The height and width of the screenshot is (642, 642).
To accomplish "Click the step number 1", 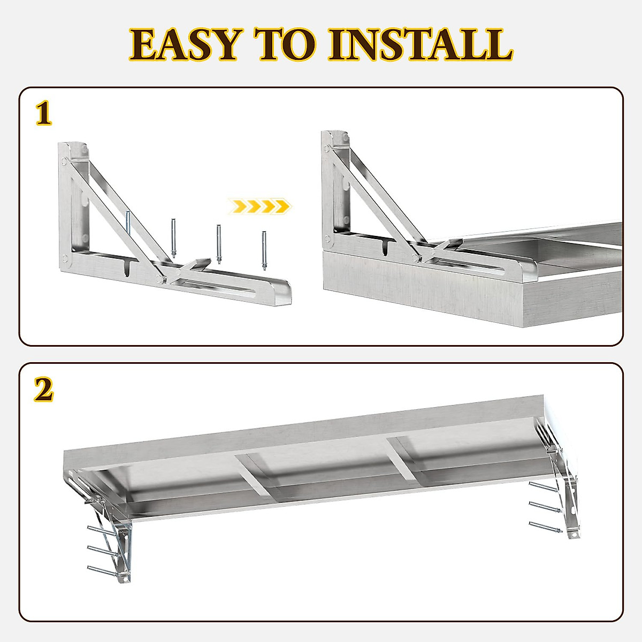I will (x=44, y=114).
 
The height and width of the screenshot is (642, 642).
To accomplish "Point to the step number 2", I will (x=44, y=391).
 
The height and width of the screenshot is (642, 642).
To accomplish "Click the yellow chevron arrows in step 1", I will (x=259, y=205).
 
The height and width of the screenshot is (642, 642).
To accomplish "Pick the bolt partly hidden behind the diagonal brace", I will (x=128, y=222).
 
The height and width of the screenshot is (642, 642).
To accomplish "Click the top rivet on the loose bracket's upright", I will (x=64, y=160).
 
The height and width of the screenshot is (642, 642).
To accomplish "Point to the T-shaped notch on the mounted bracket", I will (x=386, y=247).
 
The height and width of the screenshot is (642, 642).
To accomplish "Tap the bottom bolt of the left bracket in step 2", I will (x=102, y=570).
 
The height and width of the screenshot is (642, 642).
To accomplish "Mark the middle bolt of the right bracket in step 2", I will (x=542, y=507).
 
